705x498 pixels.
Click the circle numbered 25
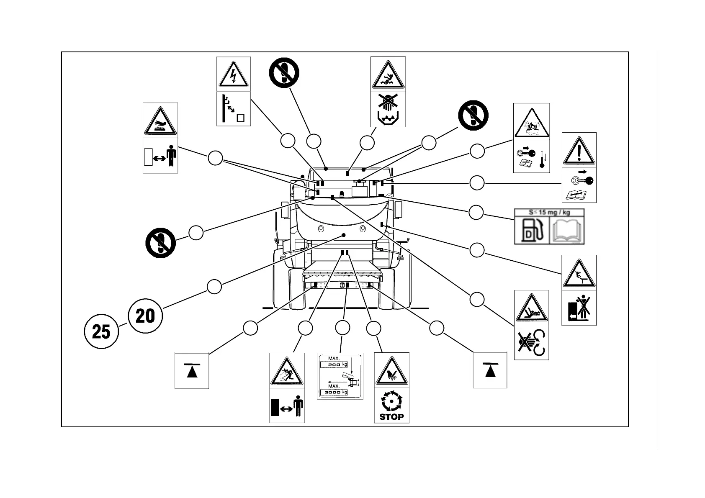(x=101, y=332)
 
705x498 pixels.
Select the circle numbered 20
(x=145, y=316)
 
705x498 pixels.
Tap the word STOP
(x=391, y=417)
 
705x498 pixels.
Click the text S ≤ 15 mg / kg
(x=549, y=212)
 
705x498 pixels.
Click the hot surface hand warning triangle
(x=160, y=121)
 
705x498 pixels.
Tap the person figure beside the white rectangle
(x=171, y=156)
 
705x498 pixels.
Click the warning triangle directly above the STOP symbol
(x=391, y=371)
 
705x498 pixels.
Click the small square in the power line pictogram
(x=240, y=118)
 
